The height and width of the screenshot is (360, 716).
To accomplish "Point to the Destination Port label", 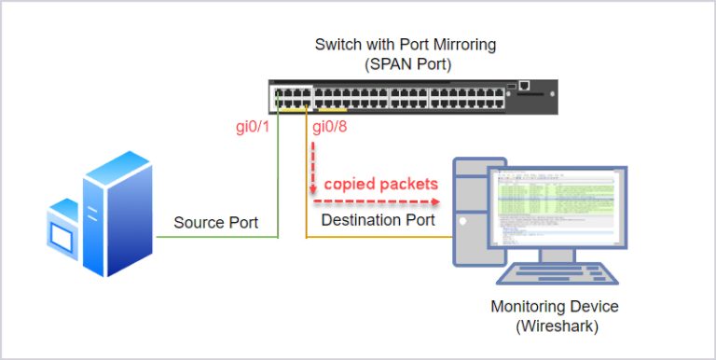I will tap(378, 220).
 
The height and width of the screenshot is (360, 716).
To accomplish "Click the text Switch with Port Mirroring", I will tap(406, 44).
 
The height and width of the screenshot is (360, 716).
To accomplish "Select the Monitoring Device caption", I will tap(554, 307).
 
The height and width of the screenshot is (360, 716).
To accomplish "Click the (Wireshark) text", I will tap(555, 325).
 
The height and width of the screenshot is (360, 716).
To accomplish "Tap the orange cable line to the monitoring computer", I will tap(373, 238).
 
